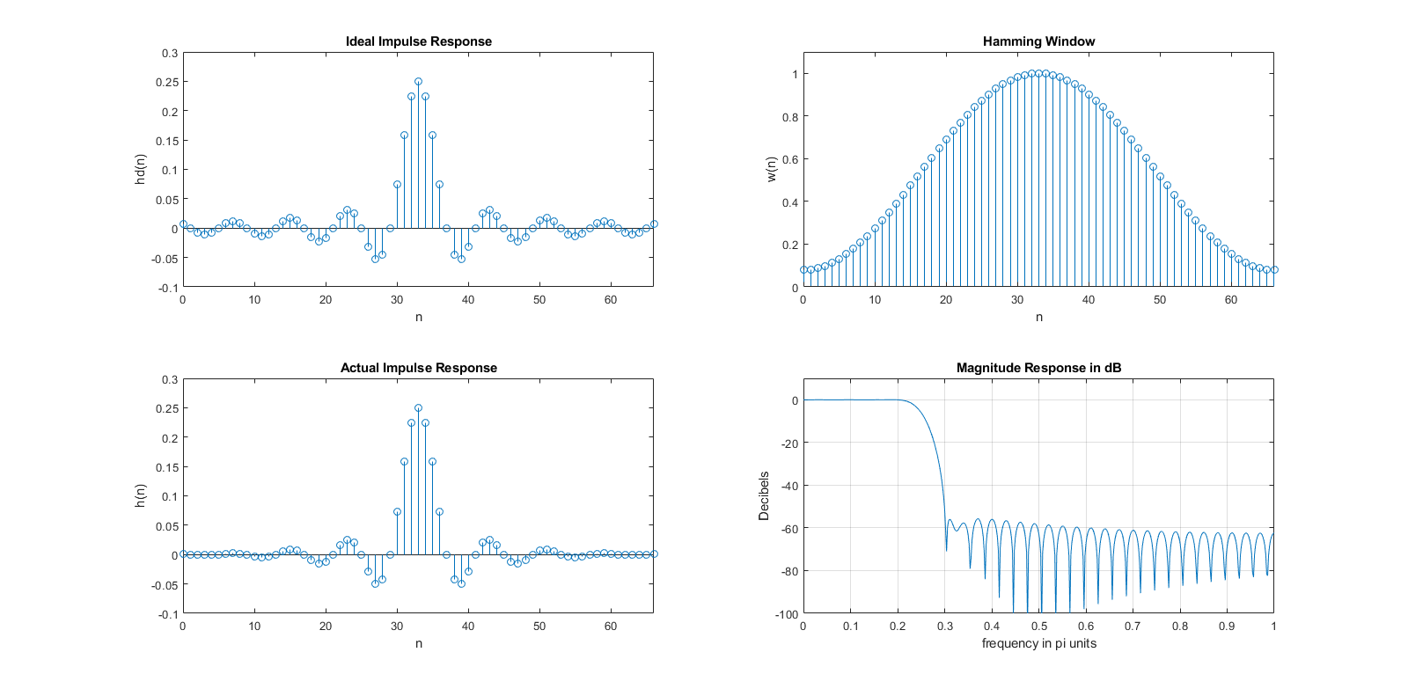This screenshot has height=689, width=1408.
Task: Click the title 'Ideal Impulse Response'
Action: point(418,41)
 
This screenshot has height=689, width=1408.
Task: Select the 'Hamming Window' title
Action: point(1038,41)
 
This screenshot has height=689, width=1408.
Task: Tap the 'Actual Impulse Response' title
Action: point(418,368)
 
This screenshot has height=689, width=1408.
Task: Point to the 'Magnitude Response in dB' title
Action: point(1038,368)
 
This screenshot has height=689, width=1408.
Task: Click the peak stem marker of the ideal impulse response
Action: point(418,82)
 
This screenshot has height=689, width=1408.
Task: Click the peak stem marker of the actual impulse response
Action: point(418,408)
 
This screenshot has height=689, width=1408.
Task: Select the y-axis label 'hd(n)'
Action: point(140,169)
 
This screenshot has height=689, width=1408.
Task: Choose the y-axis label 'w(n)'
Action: point(771,169)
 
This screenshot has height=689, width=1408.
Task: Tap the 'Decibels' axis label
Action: point(764,495)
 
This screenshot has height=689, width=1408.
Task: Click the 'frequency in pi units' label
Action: point(1038,643)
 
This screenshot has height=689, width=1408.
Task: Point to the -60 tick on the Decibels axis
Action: point(788,528)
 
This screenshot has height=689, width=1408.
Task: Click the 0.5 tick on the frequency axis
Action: point(1038,626)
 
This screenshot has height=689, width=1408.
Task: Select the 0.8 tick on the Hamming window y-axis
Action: point(790,117)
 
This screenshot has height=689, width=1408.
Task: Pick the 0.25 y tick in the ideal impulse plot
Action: point(167,82)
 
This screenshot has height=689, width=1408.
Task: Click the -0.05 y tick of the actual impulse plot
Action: point(165,584)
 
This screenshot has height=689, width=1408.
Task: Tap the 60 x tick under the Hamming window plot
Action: point(1231,299)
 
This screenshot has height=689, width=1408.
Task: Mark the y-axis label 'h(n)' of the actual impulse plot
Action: point(140,495)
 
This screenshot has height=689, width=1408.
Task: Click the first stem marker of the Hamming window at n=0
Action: point(803,269)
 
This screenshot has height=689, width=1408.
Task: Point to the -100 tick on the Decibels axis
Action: point(787,614)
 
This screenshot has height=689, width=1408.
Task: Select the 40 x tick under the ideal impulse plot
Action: point(468,299)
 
